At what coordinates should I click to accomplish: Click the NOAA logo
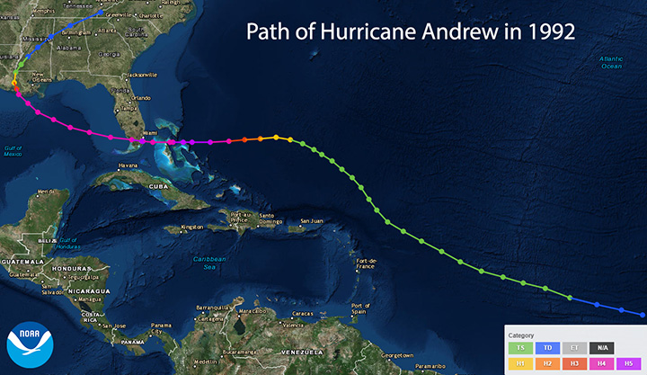[x=26, y=345]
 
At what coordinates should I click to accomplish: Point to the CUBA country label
[x=161, y=186]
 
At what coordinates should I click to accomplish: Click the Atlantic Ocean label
[x=611, y=63]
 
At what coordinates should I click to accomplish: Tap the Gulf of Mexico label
[x=13, y=151]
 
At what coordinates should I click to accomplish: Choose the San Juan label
[x=311, y=220]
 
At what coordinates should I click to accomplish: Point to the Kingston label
[x=191, y=227]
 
